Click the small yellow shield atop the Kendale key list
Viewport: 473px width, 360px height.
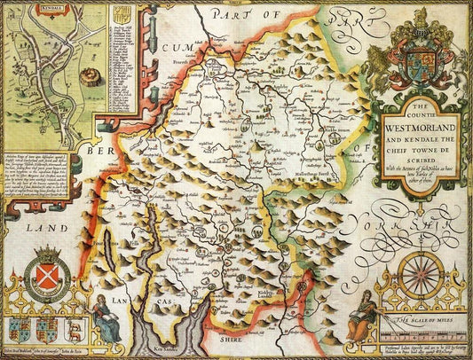pos(121,13)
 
